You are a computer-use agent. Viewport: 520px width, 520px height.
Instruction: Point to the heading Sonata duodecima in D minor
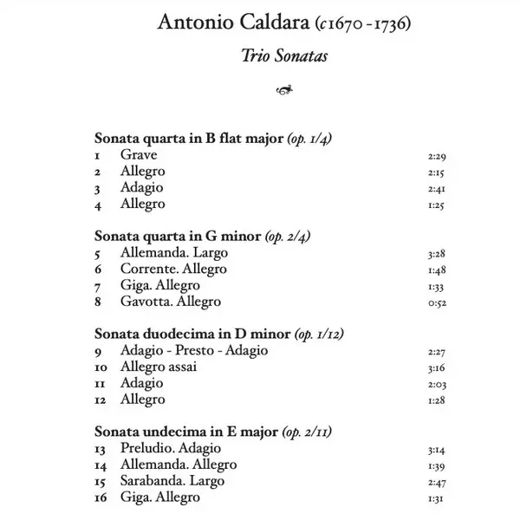tap(192, 334)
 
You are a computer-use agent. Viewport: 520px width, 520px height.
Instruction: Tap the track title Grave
tap(139, 154)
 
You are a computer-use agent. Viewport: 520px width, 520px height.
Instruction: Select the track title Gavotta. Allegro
tap(171, 302)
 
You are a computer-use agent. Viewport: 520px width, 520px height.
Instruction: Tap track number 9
tap(99, 351)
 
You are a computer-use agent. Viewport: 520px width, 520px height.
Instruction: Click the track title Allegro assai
tap(159, 367)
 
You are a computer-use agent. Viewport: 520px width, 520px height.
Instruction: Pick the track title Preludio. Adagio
tap(171, 448)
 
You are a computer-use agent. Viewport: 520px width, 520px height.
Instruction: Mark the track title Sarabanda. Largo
tap(172, 481)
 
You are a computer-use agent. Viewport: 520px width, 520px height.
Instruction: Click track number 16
tap(101, 498)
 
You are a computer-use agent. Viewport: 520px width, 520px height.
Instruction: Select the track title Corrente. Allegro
tap(173, 269)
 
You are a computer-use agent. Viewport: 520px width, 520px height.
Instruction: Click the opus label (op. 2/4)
tap(287, 236)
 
